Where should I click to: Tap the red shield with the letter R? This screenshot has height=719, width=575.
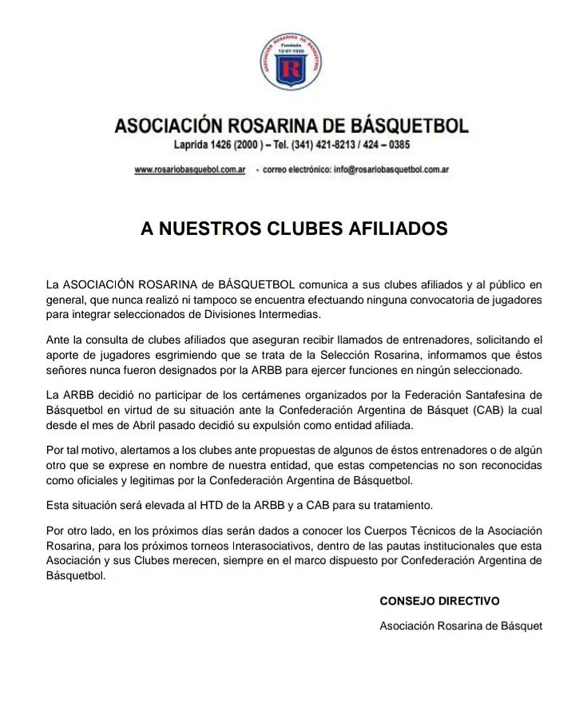coord(291,72)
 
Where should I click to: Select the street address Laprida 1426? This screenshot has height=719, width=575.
coord(206,145)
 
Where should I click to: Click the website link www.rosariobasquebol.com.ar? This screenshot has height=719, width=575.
coord(189,170)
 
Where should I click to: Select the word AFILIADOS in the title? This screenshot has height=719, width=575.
coord(398,229)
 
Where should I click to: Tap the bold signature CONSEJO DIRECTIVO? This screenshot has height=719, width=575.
coord(439,601)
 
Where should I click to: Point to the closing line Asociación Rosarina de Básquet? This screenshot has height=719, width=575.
coord(461,626)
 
